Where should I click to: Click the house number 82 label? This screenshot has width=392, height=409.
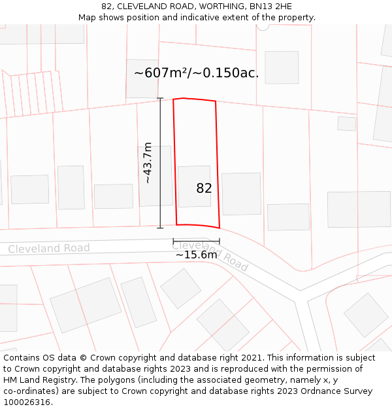pyautogui.click(x=204, y=188)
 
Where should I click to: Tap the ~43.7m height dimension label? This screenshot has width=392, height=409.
pyautogui.click(x=148, y=162)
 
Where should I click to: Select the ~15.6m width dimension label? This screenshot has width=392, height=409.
pyautogui.click(x=196, y=255)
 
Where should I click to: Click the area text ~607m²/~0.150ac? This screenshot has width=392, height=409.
pyautogui.click(x=196, y=73)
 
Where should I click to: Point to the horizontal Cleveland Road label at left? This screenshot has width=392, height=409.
pyautogui.click(x=49, y=249)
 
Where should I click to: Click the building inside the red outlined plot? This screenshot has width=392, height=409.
pyautogui.click(x=194, y=186)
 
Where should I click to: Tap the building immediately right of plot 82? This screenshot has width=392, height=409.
pyautogui.click(x=241, y=194)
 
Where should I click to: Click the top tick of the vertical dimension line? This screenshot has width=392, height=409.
pyautogui.click(x=160, y=98)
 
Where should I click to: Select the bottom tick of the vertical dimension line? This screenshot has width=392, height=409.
pyautogui.click(x=160, y=228)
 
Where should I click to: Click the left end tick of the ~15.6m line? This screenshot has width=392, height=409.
pyautogui.click(x=173, y=241)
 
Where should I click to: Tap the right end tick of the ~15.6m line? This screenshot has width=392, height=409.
pyautogui.click(x=219, y=241)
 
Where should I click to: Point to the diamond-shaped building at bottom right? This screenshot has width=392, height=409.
pyautogui.click(x=366, y=315)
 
